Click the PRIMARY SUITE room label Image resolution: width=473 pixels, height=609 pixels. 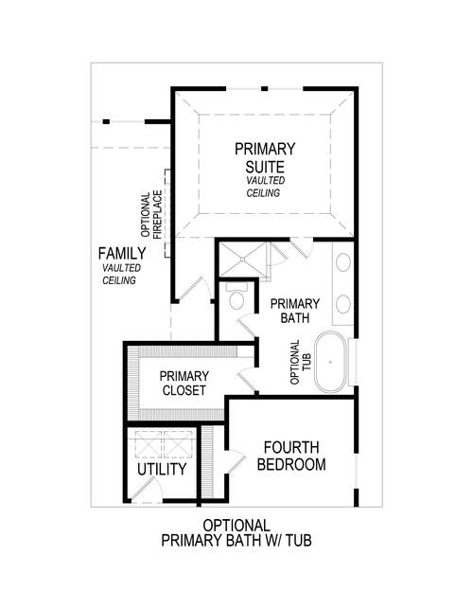coord(265,157)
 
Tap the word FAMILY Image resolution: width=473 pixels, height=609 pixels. coord(122,254)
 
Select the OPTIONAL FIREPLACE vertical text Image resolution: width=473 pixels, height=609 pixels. coord(151,215)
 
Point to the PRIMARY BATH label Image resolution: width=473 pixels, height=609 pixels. coord(295,311)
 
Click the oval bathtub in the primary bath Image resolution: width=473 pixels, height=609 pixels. coord(330,361)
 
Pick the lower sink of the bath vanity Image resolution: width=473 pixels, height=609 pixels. coord(342,303)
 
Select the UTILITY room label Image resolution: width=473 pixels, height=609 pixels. coord(162,470)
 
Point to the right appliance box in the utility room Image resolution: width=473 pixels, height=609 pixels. coord(179,444)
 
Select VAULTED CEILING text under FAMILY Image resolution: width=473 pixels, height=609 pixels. coord(120,275)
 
